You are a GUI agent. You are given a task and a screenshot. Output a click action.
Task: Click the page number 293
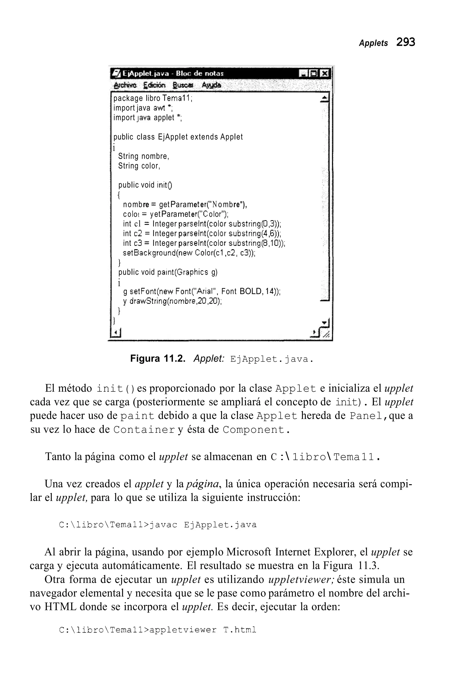tap(406, 42)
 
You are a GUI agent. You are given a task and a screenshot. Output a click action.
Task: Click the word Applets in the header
tap(373, 43)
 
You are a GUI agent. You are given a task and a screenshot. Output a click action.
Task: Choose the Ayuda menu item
tap(211, 85)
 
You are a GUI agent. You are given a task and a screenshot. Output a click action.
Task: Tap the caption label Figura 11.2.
tap(158, 359)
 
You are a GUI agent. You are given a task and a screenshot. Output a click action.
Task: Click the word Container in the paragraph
tap(144, 430)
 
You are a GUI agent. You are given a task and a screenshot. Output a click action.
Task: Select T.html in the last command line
tap(240, 630)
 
